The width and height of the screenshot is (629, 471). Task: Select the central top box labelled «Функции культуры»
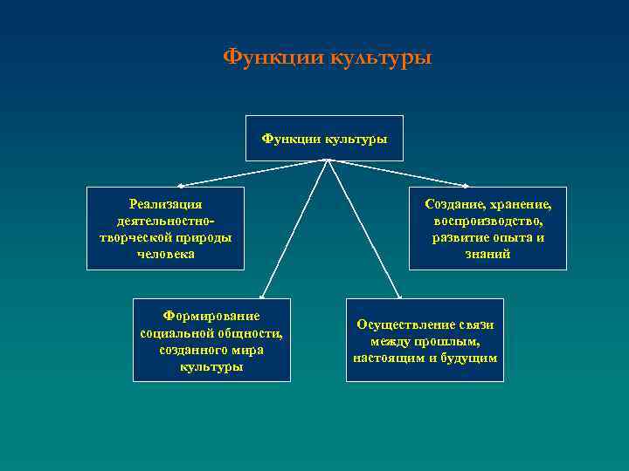pos(324,138)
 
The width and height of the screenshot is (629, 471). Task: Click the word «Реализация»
pos(165,203)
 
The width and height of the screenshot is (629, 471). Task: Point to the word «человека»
pos(166,255)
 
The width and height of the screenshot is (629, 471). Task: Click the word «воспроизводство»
pos(488,221)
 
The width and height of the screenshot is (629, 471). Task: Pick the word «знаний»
pos(488,255)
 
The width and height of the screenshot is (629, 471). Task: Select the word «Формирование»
pos(211,315)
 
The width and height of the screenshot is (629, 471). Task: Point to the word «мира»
pos(248,350)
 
